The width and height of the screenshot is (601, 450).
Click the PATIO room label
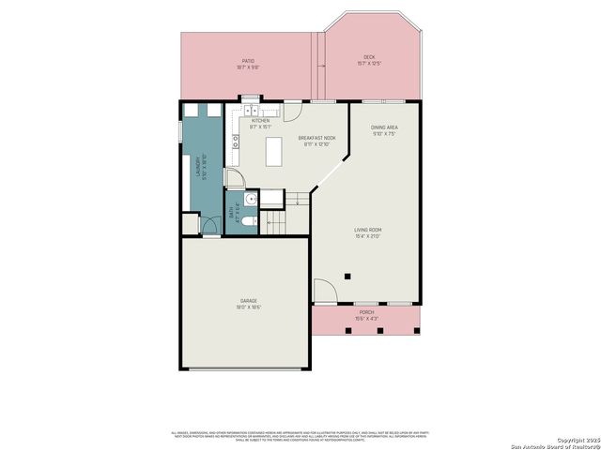coord(247,61)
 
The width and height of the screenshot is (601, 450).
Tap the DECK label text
coord(369,57)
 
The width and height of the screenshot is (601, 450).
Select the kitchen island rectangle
coord(273,152)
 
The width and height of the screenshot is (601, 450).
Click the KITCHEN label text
coord(260,120)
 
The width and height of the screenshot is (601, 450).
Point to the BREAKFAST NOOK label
coord(317,139)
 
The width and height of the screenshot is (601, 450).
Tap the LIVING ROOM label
coord(367,230)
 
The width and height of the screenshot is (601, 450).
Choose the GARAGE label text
coord(248,301)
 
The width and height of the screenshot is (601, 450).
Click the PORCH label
coord(366,311)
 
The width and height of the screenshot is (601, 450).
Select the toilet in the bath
coord(246,222)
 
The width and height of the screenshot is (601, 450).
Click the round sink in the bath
coord(237,198)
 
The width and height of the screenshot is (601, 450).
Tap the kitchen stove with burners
coord(236,144)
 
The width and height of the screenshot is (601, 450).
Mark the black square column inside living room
coord(347,277)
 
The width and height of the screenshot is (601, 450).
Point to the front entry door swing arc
coord(324,291)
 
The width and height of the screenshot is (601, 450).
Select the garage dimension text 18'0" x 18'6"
coord(248,307)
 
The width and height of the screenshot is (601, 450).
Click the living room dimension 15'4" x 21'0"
coord(367,236)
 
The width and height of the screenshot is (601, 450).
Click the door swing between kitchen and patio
coord(292,111)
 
